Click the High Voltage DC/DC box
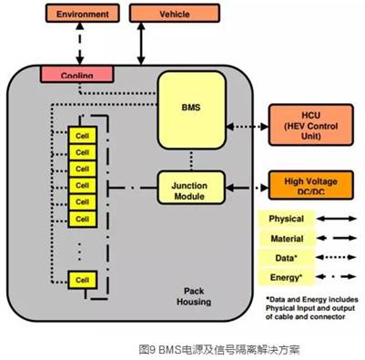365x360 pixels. click(311, 186)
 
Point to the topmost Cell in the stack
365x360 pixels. click(83, 134)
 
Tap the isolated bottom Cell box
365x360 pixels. click(83, 278)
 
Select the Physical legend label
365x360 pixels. click(285, 219)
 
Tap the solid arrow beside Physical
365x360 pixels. click(336, 219)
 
